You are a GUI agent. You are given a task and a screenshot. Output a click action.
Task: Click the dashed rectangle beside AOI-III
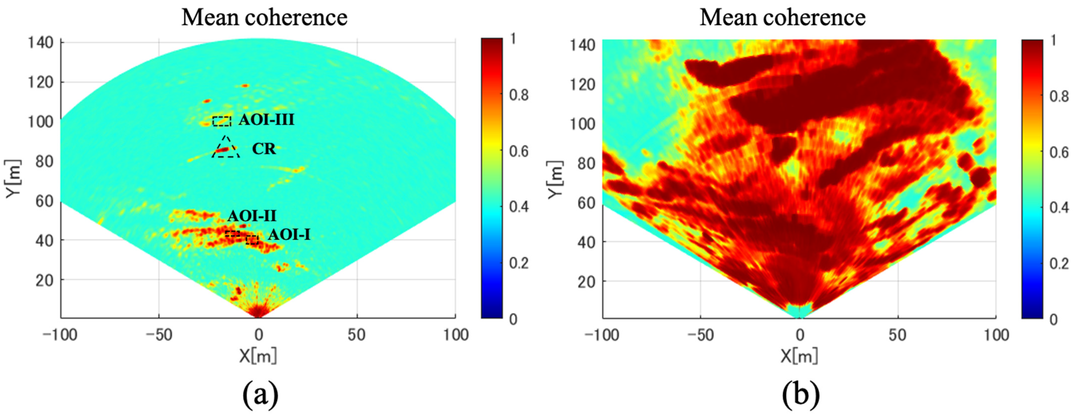point(221,121)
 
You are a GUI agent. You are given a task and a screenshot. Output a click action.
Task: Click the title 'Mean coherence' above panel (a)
point(264,17)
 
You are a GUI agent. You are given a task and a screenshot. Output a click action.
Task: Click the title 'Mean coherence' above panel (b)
point(783,17)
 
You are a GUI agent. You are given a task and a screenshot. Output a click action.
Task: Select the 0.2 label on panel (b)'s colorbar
point(1059,263)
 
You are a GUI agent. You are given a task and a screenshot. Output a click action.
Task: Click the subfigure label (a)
point(260,395)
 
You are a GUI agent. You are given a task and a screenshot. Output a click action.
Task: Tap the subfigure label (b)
point(800,395)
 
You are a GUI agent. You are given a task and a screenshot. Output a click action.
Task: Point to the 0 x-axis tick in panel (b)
point(799,335)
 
